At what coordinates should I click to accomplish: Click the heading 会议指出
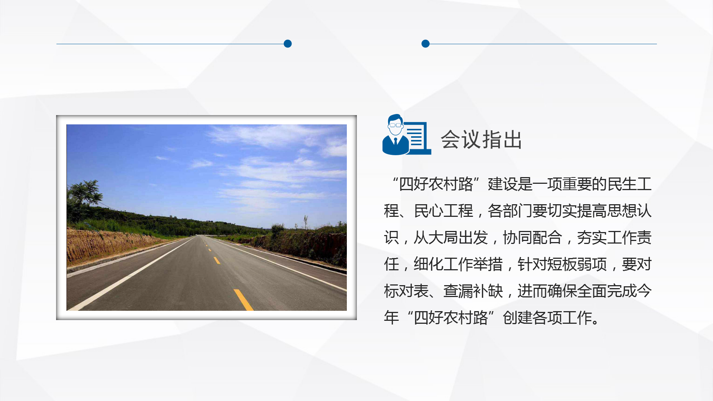pyautogui.click(x=481, y=140)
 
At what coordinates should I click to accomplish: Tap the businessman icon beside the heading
pyautogui.click(x=396, y=134)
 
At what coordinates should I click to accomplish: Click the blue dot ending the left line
pyautogui.click(x=288, y=44)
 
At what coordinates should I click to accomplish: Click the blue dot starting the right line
pyautogui.click(x=426, y=44)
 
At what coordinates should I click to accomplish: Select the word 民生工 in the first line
pyautogui.click(x=629, y=184)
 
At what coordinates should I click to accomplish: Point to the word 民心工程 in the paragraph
pyautogui.click(x=443, y=211)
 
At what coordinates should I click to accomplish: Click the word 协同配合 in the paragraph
pyautogui.click(x=533, y=238)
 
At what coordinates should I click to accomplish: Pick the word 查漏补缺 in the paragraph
pyautogui.click(x=473, y=291)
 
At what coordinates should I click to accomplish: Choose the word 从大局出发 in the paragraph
pyautogui.click(x=451, y=238)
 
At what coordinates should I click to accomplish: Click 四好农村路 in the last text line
pyautogui.click(x=451, y=318)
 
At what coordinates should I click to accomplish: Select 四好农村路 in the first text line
pyautogui.click(x=436, y=184)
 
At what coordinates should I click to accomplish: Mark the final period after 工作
pyautogui.click(x=596, y=322)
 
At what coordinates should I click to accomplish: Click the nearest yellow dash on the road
pyautogui.click(x=244, y=300)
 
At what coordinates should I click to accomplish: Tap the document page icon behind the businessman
pyautogui.click(x=418, y=138)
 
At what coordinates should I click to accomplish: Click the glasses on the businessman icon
pyautogui.click(x=395, y=125)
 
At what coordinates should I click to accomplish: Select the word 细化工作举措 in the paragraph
pyautogui.click(x=458, y=264)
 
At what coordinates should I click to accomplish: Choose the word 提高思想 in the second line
pyautogui.click(x=607, y=211)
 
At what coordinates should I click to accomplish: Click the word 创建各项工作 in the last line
pyautogui.click(x=547, y=318)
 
